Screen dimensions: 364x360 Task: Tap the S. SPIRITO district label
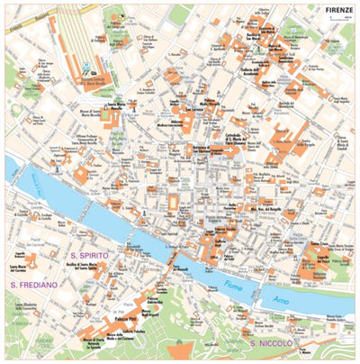(x=86, y=256)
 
